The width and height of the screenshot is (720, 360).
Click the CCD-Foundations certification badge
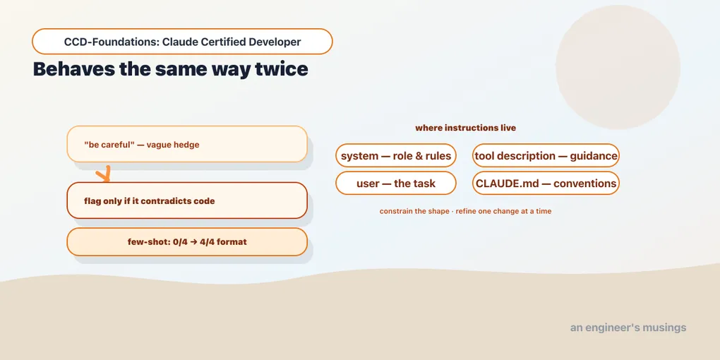click(182, 42)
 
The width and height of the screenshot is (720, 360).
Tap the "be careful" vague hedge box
click(187, 144)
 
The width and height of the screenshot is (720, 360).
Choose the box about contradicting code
click(187, 200)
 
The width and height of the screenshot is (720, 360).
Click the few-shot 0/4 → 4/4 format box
click(187, 241)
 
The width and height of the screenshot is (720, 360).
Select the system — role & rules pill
click(396, 156)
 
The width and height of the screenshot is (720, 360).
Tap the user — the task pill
click(396, 184)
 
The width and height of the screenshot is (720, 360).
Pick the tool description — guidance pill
click(546, 156)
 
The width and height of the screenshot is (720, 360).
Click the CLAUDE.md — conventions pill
click(546, 184)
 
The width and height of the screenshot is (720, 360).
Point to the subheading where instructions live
click(466, 128)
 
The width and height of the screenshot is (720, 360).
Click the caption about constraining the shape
click(466, 211)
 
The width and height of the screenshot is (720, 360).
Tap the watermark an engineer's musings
click(628, 328)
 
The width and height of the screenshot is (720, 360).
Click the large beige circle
click(618, 67)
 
